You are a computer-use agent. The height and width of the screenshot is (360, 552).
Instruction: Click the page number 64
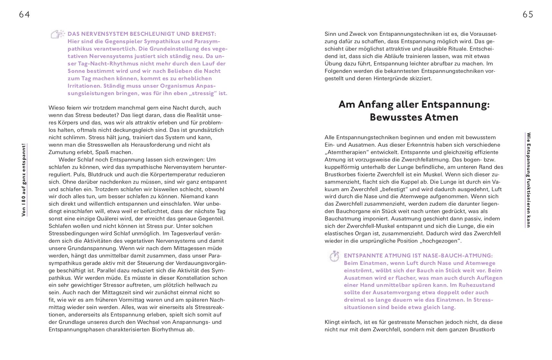click(x=24, y=15)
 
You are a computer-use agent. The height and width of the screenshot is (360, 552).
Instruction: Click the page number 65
click(x=528, y=15)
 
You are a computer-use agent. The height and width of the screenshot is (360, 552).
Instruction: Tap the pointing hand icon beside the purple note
click(x=58, y=34)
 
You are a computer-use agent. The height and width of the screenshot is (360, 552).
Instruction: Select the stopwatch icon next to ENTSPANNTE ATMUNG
click(x=334, y=256)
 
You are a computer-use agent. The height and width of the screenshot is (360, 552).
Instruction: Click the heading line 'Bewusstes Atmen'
click(x=414, y=117)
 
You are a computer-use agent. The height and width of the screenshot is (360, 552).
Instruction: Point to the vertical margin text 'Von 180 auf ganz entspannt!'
click(x=24, y=180)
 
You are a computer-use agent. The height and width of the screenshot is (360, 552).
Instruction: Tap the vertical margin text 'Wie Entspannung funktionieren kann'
click(x=528, y=180)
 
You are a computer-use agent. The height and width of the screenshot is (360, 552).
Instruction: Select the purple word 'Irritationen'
click(x=84, y=86)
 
